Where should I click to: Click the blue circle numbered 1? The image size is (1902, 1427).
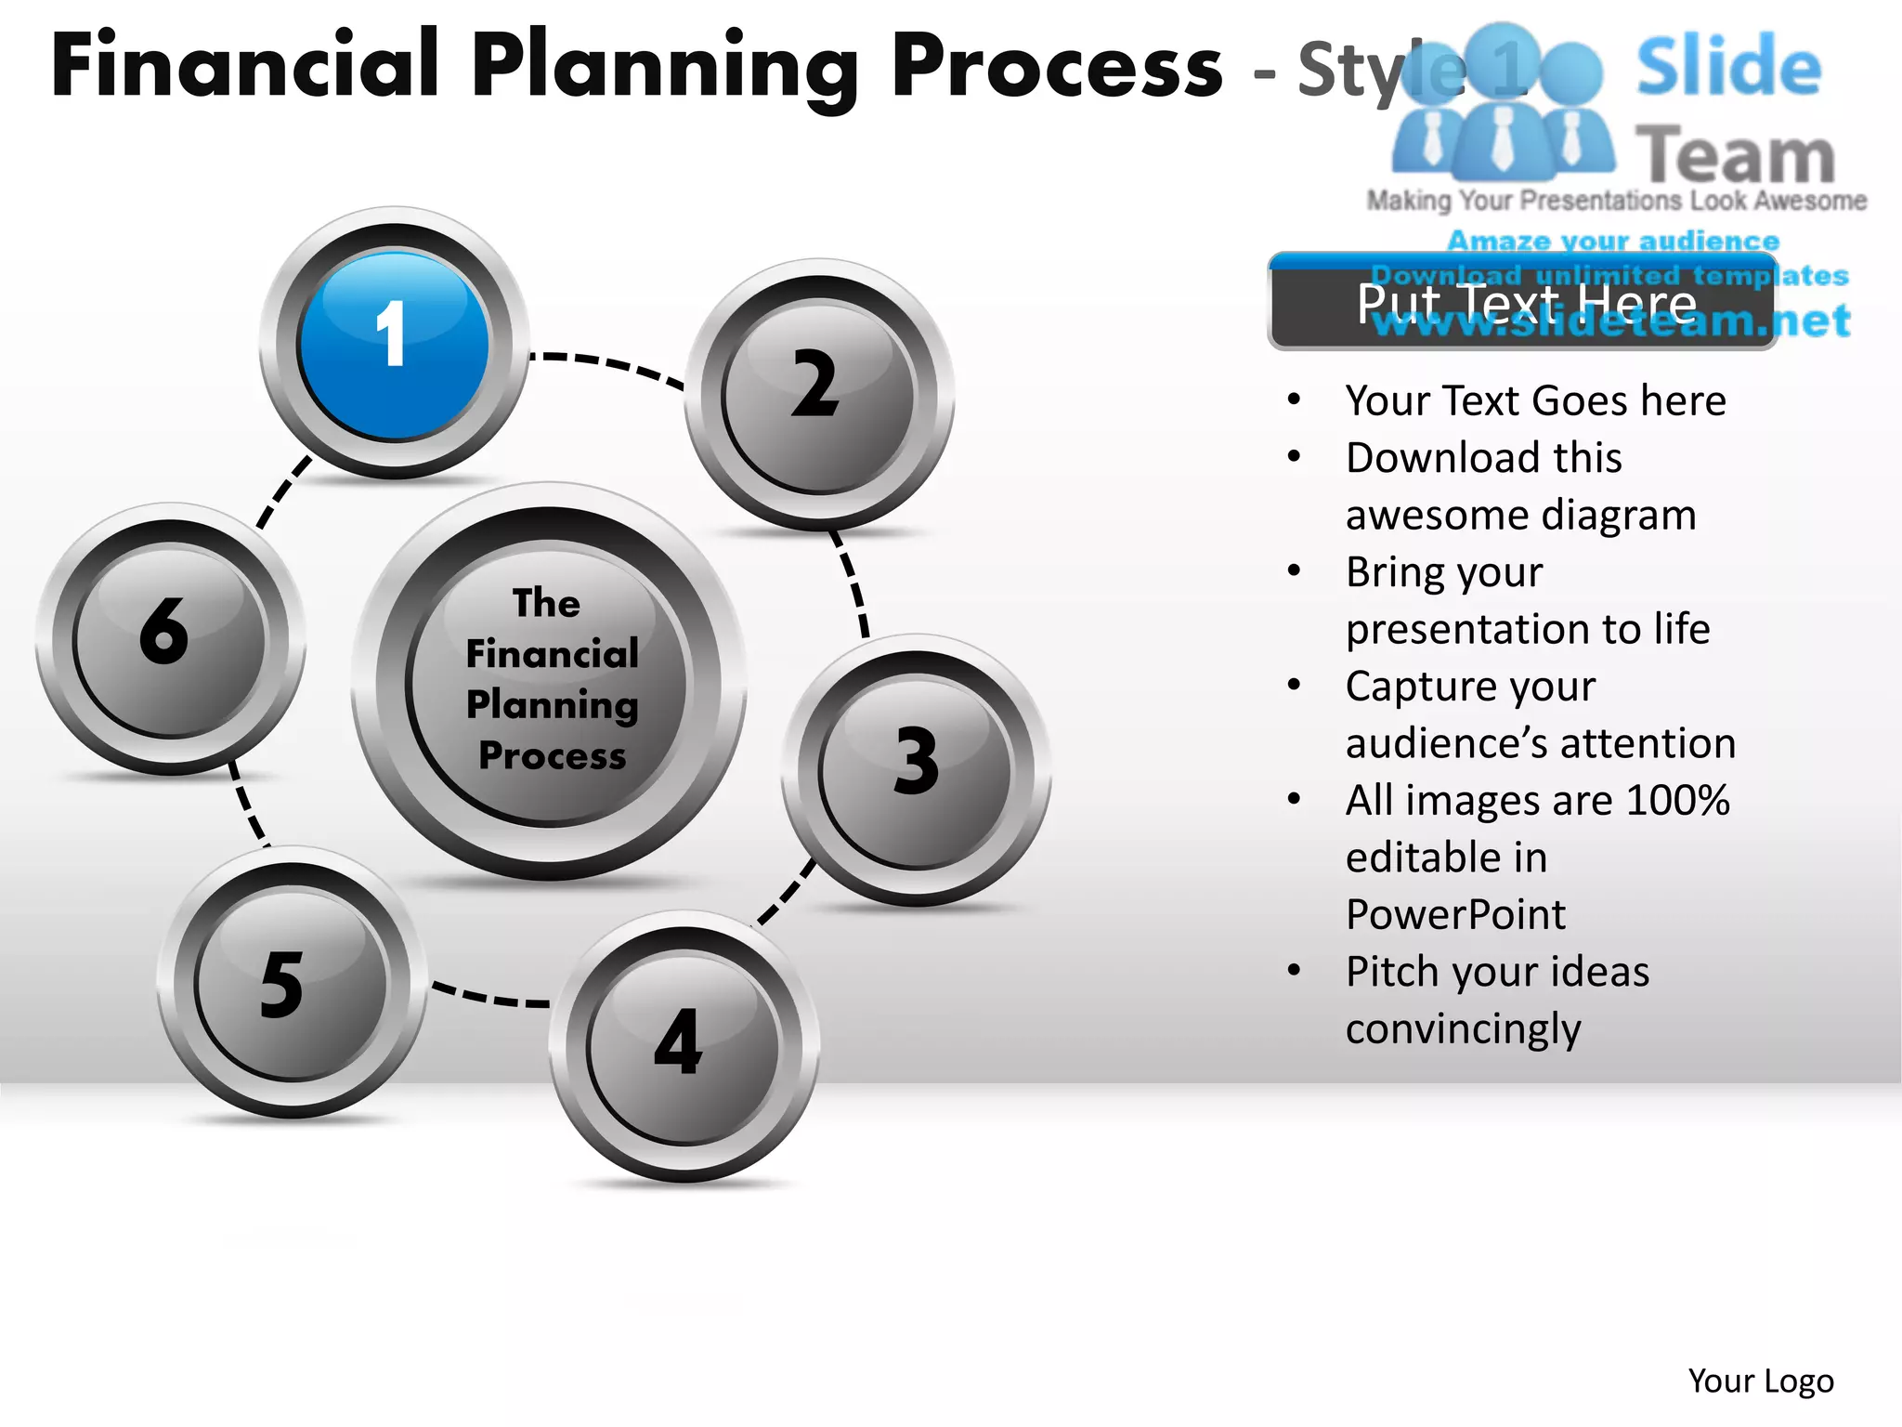pos(394,343)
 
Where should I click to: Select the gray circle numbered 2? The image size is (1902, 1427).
pos(818,395)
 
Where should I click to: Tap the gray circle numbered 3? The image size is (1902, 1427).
pos(917,770)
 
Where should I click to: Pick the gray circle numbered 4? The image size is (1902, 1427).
pos(684,1046)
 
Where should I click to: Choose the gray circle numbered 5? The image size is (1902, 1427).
pos(292,983)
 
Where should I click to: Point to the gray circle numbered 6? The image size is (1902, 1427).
pos(170,639)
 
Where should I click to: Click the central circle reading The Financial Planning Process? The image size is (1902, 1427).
pos(550,682)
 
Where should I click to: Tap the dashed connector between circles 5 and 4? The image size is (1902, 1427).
pos(490,997)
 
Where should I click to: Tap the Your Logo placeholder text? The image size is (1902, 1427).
pos(1760,1381)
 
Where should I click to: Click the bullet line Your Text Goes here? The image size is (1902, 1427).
pos(1535,401)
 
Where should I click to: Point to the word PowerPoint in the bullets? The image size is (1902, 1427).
pos(1455,915)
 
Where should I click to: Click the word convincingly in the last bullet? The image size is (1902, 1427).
pos(1463,1029)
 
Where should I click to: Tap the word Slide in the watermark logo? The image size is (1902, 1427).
pos(1728,66)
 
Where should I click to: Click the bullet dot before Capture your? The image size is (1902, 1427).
pos(1295,686)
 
